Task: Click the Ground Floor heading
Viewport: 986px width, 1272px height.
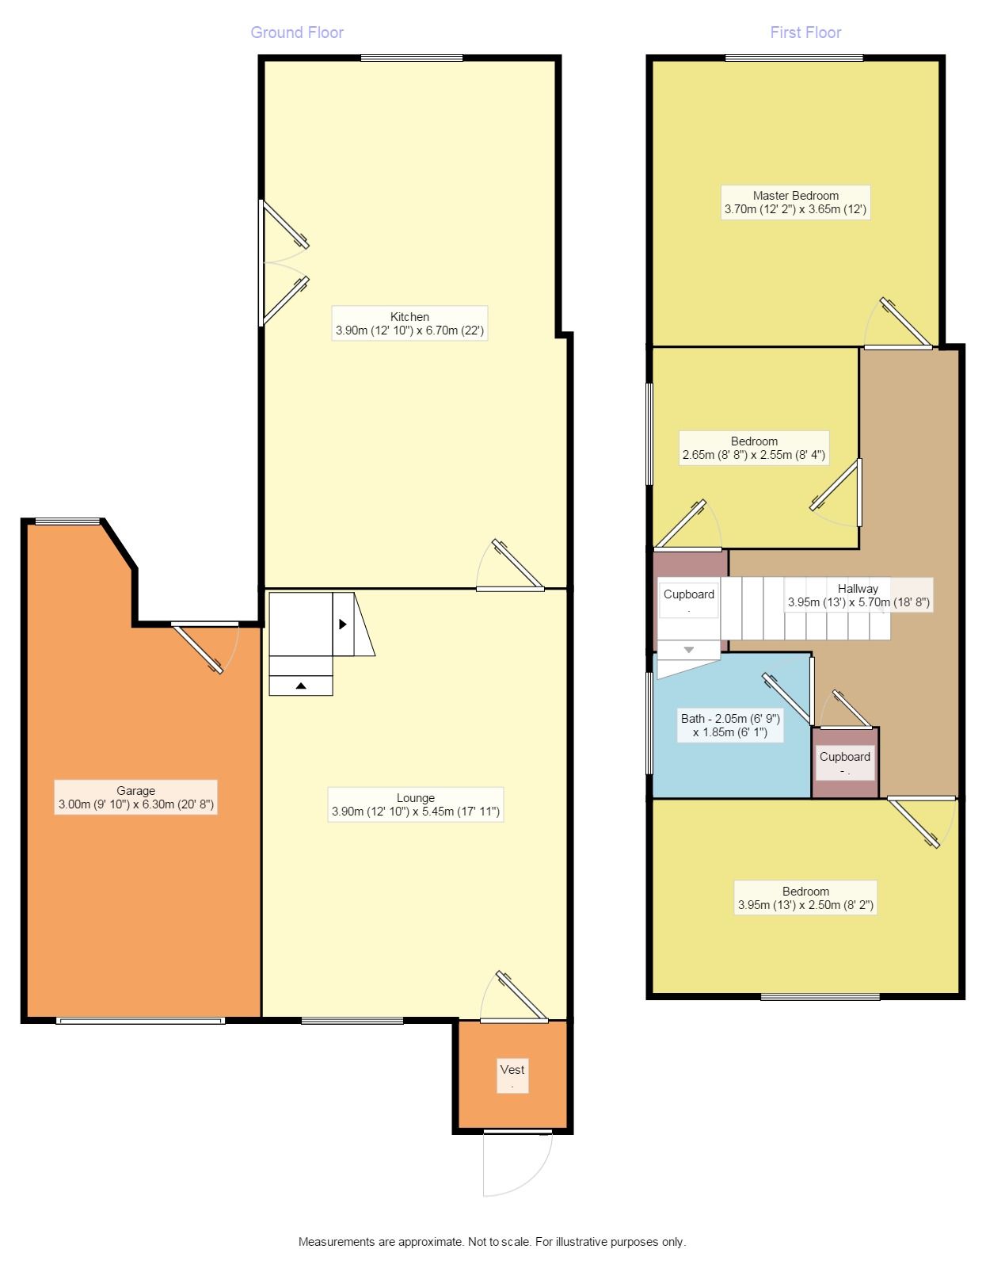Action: (296, 32)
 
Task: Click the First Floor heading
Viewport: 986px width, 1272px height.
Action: (805, 32)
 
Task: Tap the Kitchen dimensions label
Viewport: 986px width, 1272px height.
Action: (409, 323)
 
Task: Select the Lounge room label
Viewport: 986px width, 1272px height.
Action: (415, 804)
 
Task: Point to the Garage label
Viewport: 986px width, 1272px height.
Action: (135, 796)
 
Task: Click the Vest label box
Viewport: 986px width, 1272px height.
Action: (512, 1075)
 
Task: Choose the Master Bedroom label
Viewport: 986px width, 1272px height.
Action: (795, 202)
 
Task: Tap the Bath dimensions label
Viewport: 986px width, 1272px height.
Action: (730, 724)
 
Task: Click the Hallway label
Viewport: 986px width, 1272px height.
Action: (858, 594)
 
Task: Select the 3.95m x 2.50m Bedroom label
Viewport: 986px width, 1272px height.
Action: (805, 897)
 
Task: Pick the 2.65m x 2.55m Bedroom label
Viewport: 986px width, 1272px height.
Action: (754, 448)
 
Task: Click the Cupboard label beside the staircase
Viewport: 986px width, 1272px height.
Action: (688, 599)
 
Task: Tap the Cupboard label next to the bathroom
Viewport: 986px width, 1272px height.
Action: (844, 762)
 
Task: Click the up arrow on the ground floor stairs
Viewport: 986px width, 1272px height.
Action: (301, 686)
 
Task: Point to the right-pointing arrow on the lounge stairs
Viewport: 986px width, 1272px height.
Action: (343, 624)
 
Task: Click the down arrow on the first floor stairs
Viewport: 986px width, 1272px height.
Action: (688, 650)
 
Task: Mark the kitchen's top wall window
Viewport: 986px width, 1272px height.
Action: (412, 57)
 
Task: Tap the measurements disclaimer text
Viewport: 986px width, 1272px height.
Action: (492, 1241)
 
